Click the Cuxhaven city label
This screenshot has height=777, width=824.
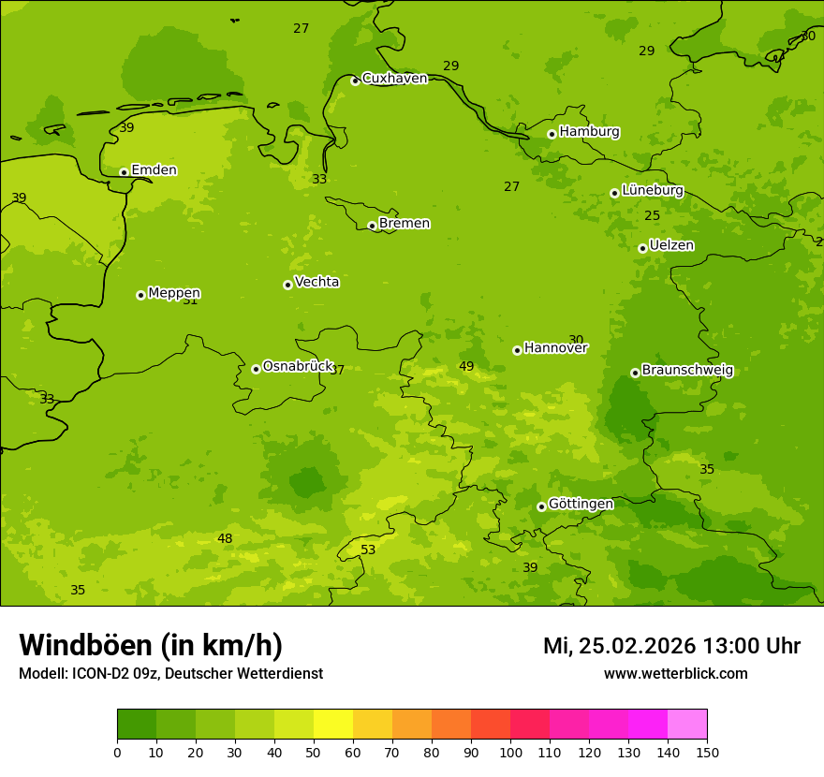394,79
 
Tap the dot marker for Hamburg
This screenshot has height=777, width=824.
552,134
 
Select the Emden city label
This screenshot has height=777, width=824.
154,170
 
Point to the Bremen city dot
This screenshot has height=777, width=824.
372,226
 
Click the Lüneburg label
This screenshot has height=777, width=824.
653,190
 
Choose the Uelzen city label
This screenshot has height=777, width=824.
671,245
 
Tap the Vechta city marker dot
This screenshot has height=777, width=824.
287,285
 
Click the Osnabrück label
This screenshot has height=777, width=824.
298,366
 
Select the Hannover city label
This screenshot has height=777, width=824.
555,348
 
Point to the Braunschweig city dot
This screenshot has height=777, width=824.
635,373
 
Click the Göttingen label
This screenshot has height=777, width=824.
581,504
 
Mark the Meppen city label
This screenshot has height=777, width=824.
174,293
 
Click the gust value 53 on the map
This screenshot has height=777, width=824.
368,550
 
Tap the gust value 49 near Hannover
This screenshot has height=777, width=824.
466,366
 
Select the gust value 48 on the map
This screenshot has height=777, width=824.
225,538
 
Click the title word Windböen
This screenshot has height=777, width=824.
85,645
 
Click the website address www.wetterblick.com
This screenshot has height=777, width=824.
675,674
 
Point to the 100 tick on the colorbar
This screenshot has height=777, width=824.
510,752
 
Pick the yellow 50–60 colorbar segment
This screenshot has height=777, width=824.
333,725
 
